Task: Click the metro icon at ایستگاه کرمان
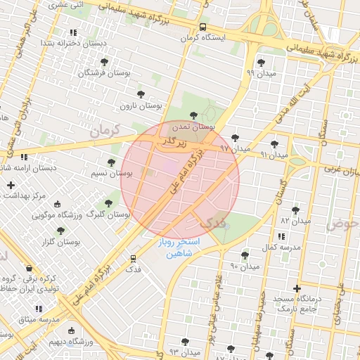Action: [x=202, y=27]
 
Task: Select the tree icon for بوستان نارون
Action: [x=141, y=93]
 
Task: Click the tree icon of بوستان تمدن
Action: [x=194, y=115]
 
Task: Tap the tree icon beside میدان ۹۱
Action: [x=274, y=144]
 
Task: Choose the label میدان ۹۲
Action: [x=235, y=148]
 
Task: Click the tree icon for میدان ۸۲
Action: [x=295, y=209]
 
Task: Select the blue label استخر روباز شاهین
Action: [x=179, y=247]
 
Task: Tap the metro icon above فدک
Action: [x=133, y=258]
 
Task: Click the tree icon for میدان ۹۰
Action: [x=244, y=255]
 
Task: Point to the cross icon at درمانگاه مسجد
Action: [x=297, y=288]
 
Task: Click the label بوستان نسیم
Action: [x=112, y=173]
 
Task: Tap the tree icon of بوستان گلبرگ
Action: [x=108, y=203]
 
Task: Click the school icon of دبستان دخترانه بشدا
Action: [x=73, y=33]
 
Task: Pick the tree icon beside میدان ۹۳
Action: [x=185, y=341]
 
